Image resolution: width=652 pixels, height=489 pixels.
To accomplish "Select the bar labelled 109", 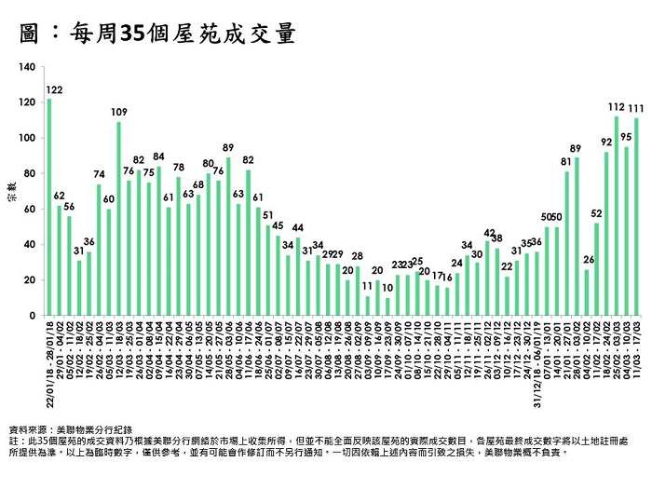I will (x=118, y=219).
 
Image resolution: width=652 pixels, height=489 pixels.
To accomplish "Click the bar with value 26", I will (x=587, y=292).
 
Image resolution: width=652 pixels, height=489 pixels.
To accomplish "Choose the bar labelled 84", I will (x=158, y=241).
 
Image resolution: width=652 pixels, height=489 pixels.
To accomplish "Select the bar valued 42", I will (x=487, y=278).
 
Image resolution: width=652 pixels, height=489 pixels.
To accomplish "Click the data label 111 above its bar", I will (x=638, y=108).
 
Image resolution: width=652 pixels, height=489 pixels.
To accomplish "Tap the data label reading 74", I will (x=99, y=174).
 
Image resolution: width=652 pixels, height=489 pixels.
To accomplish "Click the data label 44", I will (x=297, y=227).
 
